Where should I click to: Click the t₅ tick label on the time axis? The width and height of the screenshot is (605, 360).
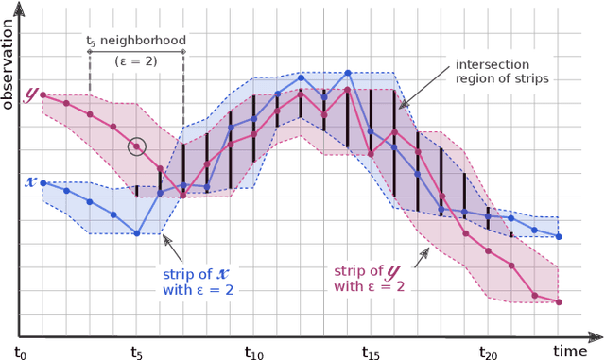click(x=137, y=351)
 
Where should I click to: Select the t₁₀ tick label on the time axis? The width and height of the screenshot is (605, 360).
click(x=255, y=351)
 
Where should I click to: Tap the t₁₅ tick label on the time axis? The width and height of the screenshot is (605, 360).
click(x=372, y=351)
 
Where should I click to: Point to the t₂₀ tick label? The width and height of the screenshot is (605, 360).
click(x=489, y=351)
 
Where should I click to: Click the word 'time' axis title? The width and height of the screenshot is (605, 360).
click(x=571, y=351)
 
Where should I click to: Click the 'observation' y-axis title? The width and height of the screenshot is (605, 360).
click(x=9, y=57)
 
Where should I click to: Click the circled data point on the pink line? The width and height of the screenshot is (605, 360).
click(x=137, y=146)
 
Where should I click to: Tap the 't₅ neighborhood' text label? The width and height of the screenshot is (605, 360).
click(x=136, y=41)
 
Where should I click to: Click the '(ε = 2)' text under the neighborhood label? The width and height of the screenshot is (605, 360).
click(x=136, y=60)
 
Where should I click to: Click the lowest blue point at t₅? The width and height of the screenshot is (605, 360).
click(x=137, y=233)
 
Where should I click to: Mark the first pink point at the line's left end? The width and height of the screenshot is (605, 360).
click(x=43, y=95)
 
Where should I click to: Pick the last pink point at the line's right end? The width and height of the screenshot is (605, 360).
click(x=559, y=302)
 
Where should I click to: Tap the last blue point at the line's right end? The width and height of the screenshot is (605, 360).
click(x=559, y=236)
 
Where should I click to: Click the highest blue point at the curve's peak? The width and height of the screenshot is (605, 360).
click(x=348, y=73)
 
